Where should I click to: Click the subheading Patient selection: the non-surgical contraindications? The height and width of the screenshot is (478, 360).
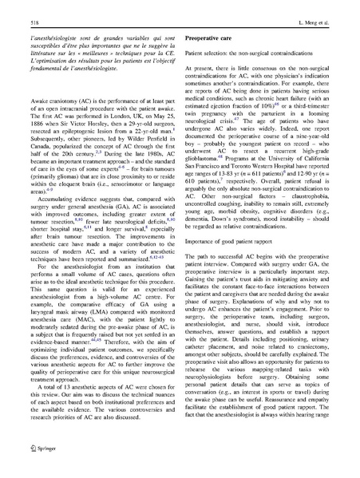[251, 52]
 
